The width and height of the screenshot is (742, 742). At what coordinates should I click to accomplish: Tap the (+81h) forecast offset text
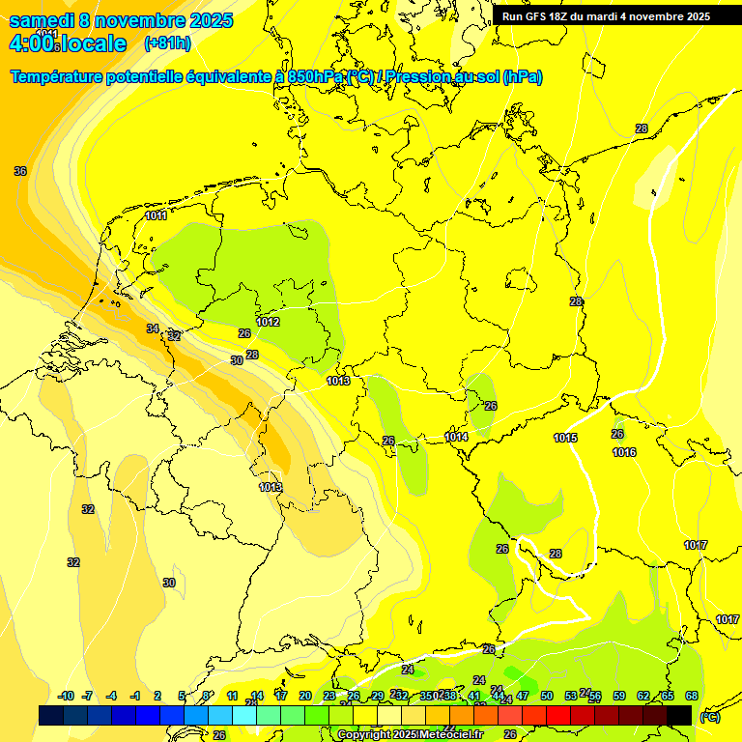click(x=167, y=43)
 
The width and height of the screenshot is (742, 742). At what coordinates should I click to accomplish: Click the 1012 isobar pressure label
click(x=269, y=322)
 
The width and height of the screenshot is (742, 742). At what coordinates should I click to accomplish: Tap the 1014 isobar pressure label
click(x=457, y=437)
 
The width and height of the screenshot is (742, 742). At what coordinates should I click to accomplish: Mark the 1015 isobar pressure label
click(x=565, y=438)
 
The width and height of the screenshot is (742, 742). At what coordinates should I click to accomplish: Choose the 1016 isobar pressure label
click(x=624, y=452)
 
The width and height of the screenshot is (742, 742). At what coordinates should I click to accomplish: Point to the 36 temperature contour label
click(x=20, y=171)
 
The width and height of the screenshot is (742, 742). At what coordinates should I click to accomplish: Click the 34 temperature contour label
click(x=153, y=328)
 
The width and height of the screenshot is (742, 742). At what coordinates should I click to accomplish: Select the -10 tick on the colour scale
click(x=66, y=696)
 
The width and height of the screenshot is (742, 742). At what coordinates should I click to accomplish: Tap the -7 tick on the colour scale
click(x=87, y=696)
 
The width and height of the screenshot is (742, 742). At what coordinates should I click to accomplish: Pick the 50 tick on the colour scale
click(x=547, y=696)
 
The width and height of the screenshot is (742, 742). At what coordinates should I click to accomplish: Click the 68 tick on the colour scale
click(x=692, y=696)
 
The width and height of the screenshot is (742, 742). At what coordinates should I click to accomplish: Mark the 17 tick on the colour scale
click(x=281, y=696)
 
